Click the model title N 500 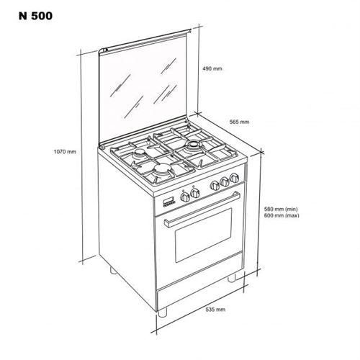pos(35,16)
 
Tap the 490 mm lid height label pos(212,68)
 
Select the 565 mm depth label pos(239,122)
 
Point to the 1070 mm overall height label pos(65,152)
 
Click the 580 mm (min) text pos(281,209)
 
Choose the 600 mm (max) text pos(282,215)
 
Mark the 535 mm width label pos(215,310)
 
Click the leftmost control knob pos(184,197)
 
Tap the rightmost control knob pos(234,178)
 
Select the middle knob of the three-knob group pos(225,181)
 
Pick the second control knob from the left pos(194,193)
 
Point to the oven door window pos(204,235)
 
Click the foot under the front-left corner pos(162,312)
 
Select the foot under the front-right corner pos(232,278)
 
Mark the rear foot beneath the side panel pos(113,270)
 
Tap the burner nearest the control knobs pos(162,169)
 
